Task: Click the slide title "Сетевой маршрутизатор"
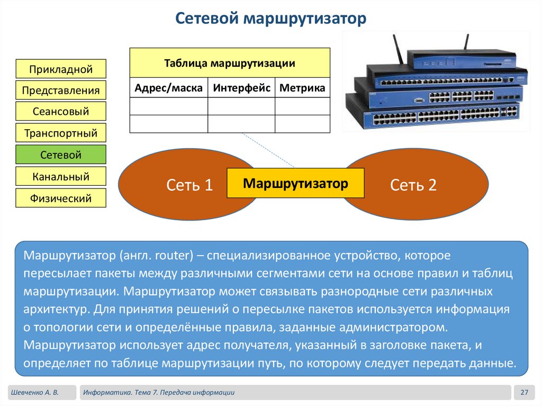[x=270, y=19]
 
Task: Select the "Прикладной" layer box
[x=61, y=69]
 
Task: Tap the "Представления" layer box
[x=61, y=90]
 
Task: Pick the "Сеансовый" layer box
[x=61, y=112]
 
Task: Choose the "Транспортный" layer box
[x=61, y=133]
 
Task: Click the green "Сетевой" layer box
[x=61, y=155]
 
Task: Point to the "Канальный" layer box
[x=61, y=176]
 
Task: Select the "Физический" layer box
[x=61, y=199]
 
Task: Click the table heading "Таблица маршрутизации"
[x=229, y=63]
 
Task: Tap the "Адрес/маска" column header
[x=168, y=88]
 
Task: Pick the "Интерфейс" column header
[x=241, y=88]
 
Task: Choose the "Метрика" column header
[x=302, y=88]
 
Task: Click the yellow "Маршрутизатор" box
[x=295, y=184]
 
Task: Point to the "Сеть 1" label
[x=189, y=185]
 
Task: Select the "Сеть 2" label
[x=413, y=185]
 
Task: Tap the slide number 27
[x=525, y=392]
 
